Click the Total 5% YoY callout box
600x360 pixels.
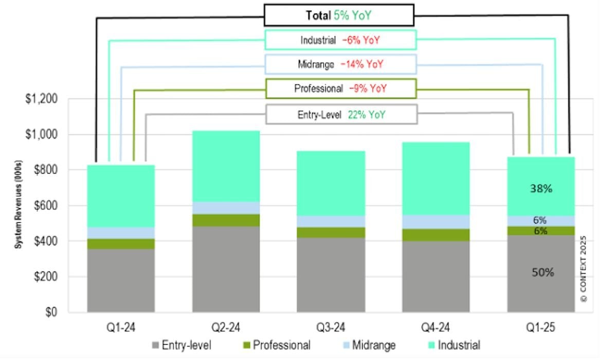339,15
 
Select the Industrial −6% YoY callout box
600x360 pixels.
340,40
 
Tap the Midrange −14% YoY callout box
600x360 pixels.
340,65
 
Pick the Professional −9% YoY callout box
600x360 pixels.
340,88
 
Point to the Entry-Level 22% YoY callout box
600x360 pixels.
341,115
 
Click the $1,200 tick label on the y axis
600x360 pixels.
42,99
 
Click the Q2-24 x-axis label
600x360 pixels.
226,327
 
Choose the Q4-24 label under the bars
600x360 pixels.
435,327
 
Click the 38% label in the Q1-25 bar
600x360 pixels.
541,189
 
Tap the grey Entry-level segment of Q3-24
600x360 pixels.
331,275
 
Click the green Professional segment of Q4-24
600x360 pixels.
435,235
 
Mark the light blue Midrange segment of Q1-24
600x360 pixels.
121,233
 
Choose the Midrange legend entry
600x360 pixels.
366,345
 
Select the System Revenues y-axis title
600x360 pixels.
17,206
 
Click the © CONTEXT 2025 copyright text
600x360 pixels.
584,268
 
